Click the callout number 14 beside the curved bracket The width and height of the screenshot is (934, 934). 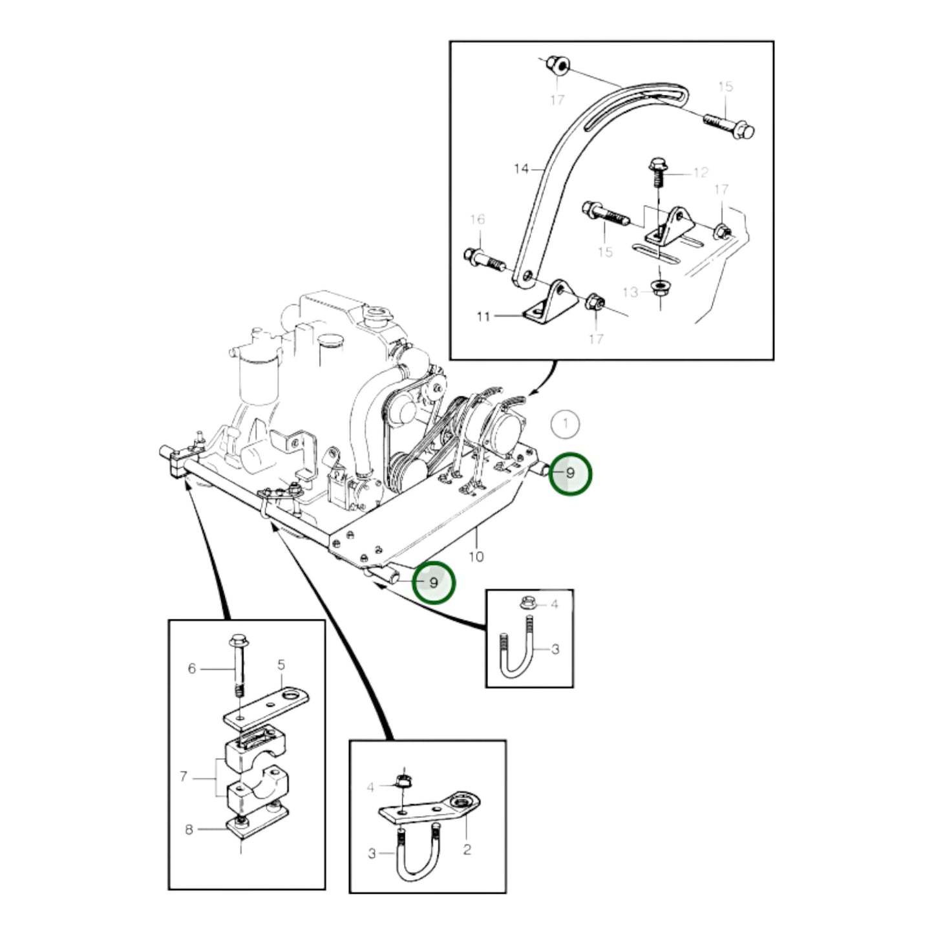521,169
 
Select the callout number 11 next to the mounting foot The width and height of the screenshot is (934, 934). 483,317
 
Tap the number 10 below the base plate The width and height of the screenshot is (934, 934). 476,557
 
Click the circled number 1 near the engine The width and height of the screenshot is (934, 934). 566,424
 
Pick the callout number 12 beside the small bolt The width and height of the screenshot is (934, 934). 700,173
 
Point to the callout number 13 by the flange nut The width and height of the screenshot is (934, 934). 630,292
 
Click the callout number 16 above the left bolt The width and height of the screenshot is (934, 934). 477,220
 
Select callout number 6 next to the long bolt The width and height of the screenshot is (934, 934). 191,668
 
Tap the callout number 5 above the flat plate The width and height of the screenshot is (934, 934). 281,664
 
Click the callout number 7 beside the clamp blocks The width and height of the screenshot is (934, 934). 184,776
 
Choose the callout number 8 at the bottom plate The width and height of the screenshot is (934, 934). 189,829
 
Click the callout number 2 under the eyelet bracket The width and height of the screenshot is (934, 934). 467,849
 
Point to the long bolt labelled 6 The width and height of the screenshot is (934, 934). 237,666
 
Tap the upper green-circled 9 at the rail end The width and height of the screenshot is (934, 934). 569,473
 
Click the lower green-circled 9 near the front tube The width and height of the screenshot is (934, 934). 434,582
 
